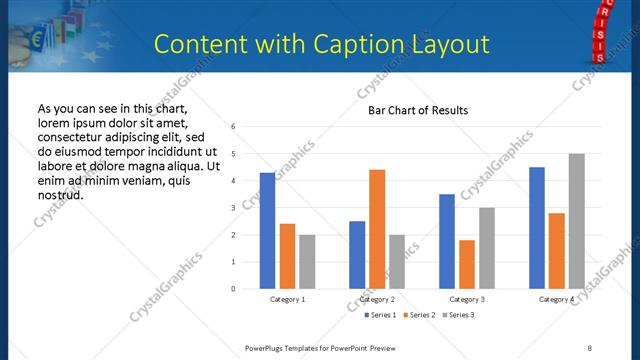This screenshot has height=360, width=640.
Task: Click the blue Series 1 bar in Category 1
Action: pyautogui.click(x=267, y=231)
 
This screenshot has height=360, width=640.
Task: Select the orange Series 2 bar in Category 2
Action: pyautogui.click(x=377, y=229)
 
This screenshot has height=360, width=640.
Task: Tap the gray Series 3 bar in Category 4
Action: pyautogui.click(x=576, y=221)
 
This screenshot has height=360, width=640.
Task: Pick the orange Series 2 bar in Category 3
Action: pyautogui.click(x=467, y=264)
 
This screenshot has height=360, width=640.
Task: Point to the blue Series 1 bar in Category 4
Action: pyautogui.click(x=537, y=228)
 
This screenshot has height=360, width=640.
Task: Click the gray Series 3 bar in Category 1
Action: pyautogui.click(x=306, y=262)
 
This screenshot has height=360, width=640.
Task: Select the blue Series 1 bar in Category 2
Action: pyautogui.click(x=357, y=255)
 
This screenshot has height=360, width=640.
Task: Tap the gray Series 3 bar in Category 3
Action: pyautogui.click(x=486, y=248)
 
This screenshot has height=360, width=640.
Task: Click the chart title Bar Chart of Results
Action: pyautogui.click(x=412, y=110)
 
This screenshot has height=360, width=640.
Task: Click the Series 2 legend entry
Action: pyautogui.click(x=418, y=315)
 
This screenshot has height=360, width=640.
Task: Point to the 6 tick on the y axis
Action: pyautogui.click(x=233, y=127)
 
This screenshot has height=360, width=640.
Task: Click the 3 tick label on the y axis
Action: pyautogui.click(x=233, y=208)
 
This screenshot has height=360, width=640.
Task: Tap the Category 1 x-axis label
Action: pyautogui.click(x=288, y=299)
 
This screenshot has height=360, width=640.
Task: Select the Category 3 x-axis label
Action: pyautogui.click(x=467, y=299)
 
